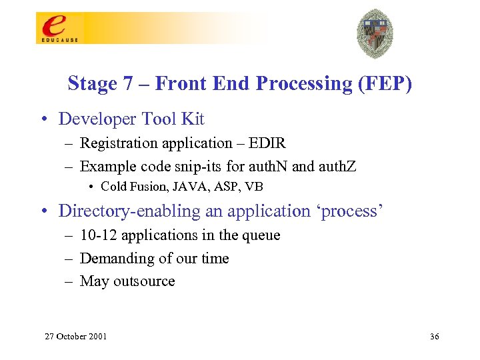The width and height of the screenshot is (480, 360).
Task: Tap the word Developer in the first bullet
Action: click(98, 119)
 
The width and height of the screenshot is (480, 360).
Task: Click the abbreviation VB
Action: click(254, 187)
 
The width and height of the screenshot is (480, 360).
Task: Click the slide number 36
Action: click(435, 336)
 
